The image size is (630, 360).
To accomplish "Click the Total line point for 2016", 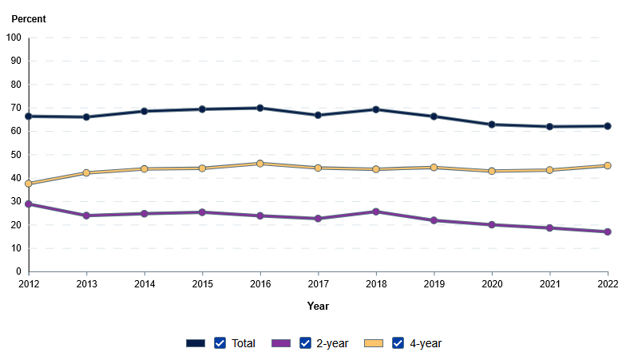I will (260, 108).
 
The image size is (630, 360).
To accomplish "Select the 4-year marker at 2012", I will (29, 184).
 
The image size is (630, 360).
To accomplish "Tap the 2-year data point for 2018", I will (376, 212).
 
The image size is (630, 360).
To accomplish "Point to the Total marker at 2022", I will (608, 126).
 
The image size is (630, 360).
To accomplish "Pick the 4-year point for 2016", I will (260, 164).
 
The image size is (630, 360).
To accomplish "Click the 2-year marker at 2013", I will (86, 216).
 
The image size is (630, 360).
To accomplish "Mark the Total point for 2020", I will (492, 125).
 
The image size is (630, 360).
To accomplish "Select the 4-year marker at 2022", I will (608, 166).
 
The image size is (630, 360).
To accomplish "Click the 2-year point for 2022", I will (608, 231).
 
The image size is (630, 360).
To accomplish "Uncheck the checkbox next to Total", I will (220, 343).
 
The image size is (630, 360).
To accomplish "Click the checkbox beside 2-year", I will (305, 343).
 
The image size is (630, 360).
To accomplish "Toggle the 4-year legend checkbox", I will (398, 343).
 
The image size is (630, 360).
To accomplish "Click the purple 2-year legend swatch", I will (281, 343).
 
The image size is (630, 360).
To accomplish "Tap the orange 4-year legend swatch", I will (374, 343).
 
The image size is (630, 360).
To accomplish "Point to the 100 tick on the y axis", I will (14, 38).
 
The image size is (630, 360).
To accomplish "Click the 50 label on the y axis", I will (16, 155).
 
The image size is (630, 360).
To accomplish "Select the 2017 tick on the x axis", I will (318, 283).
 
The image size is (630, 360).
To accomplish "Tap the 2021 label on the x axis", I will (550, 283).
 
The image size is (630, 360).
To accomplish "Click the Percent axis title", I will (29, 18).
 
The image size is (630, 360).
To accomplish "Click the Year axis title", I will (318, 306).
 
